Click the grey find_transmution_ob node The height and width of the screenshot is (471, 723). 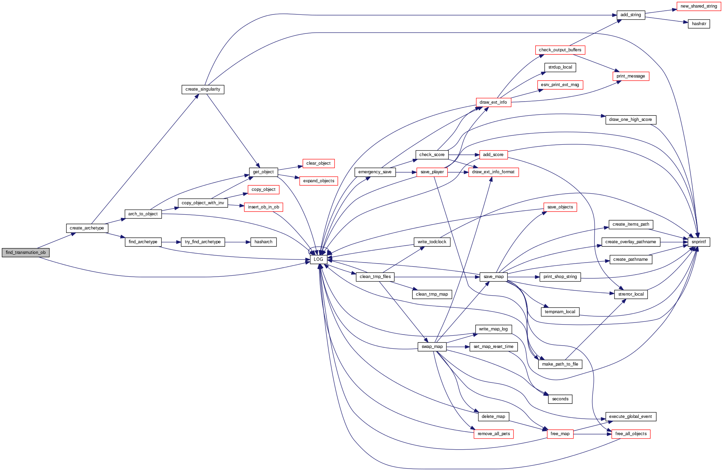click(25, 253)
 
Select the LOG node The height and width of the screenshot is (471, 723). click(318, 259)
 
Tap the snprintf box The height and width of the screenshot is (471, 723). click(699, 242)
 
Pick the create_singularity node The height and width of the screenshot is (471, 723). click(203, 89)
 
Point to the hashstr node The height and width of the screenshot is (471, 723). click(699, 24)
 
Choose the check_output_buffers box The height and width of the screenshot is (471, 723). click(560, 50)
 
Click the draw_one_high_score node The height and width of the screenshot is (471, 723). click(630, 120)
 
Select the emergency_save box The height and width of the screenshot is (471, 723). click(375, 172)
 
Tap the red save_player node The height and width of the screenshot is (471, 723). click(432, 172)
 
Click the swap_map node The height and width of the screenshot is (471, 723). click(432, 347)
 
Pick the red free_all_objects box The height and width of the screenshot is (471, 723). click(631, 434)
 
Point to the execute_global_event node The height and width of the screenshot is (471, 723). click(630, 417)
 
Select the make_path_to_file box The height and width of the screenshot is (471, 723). click(560, 364)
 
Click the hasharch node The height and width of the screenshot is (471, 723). click(263, 242)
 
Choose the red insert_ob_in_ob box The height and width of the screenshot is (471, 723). click(264, 207)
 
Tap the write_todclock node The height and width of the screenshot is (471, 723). click(432, 242)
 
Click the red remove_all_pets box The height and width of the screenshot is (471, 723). click(494, 434)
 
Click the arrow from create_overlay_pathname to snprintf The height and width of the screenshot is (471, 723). click(674, 242)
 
